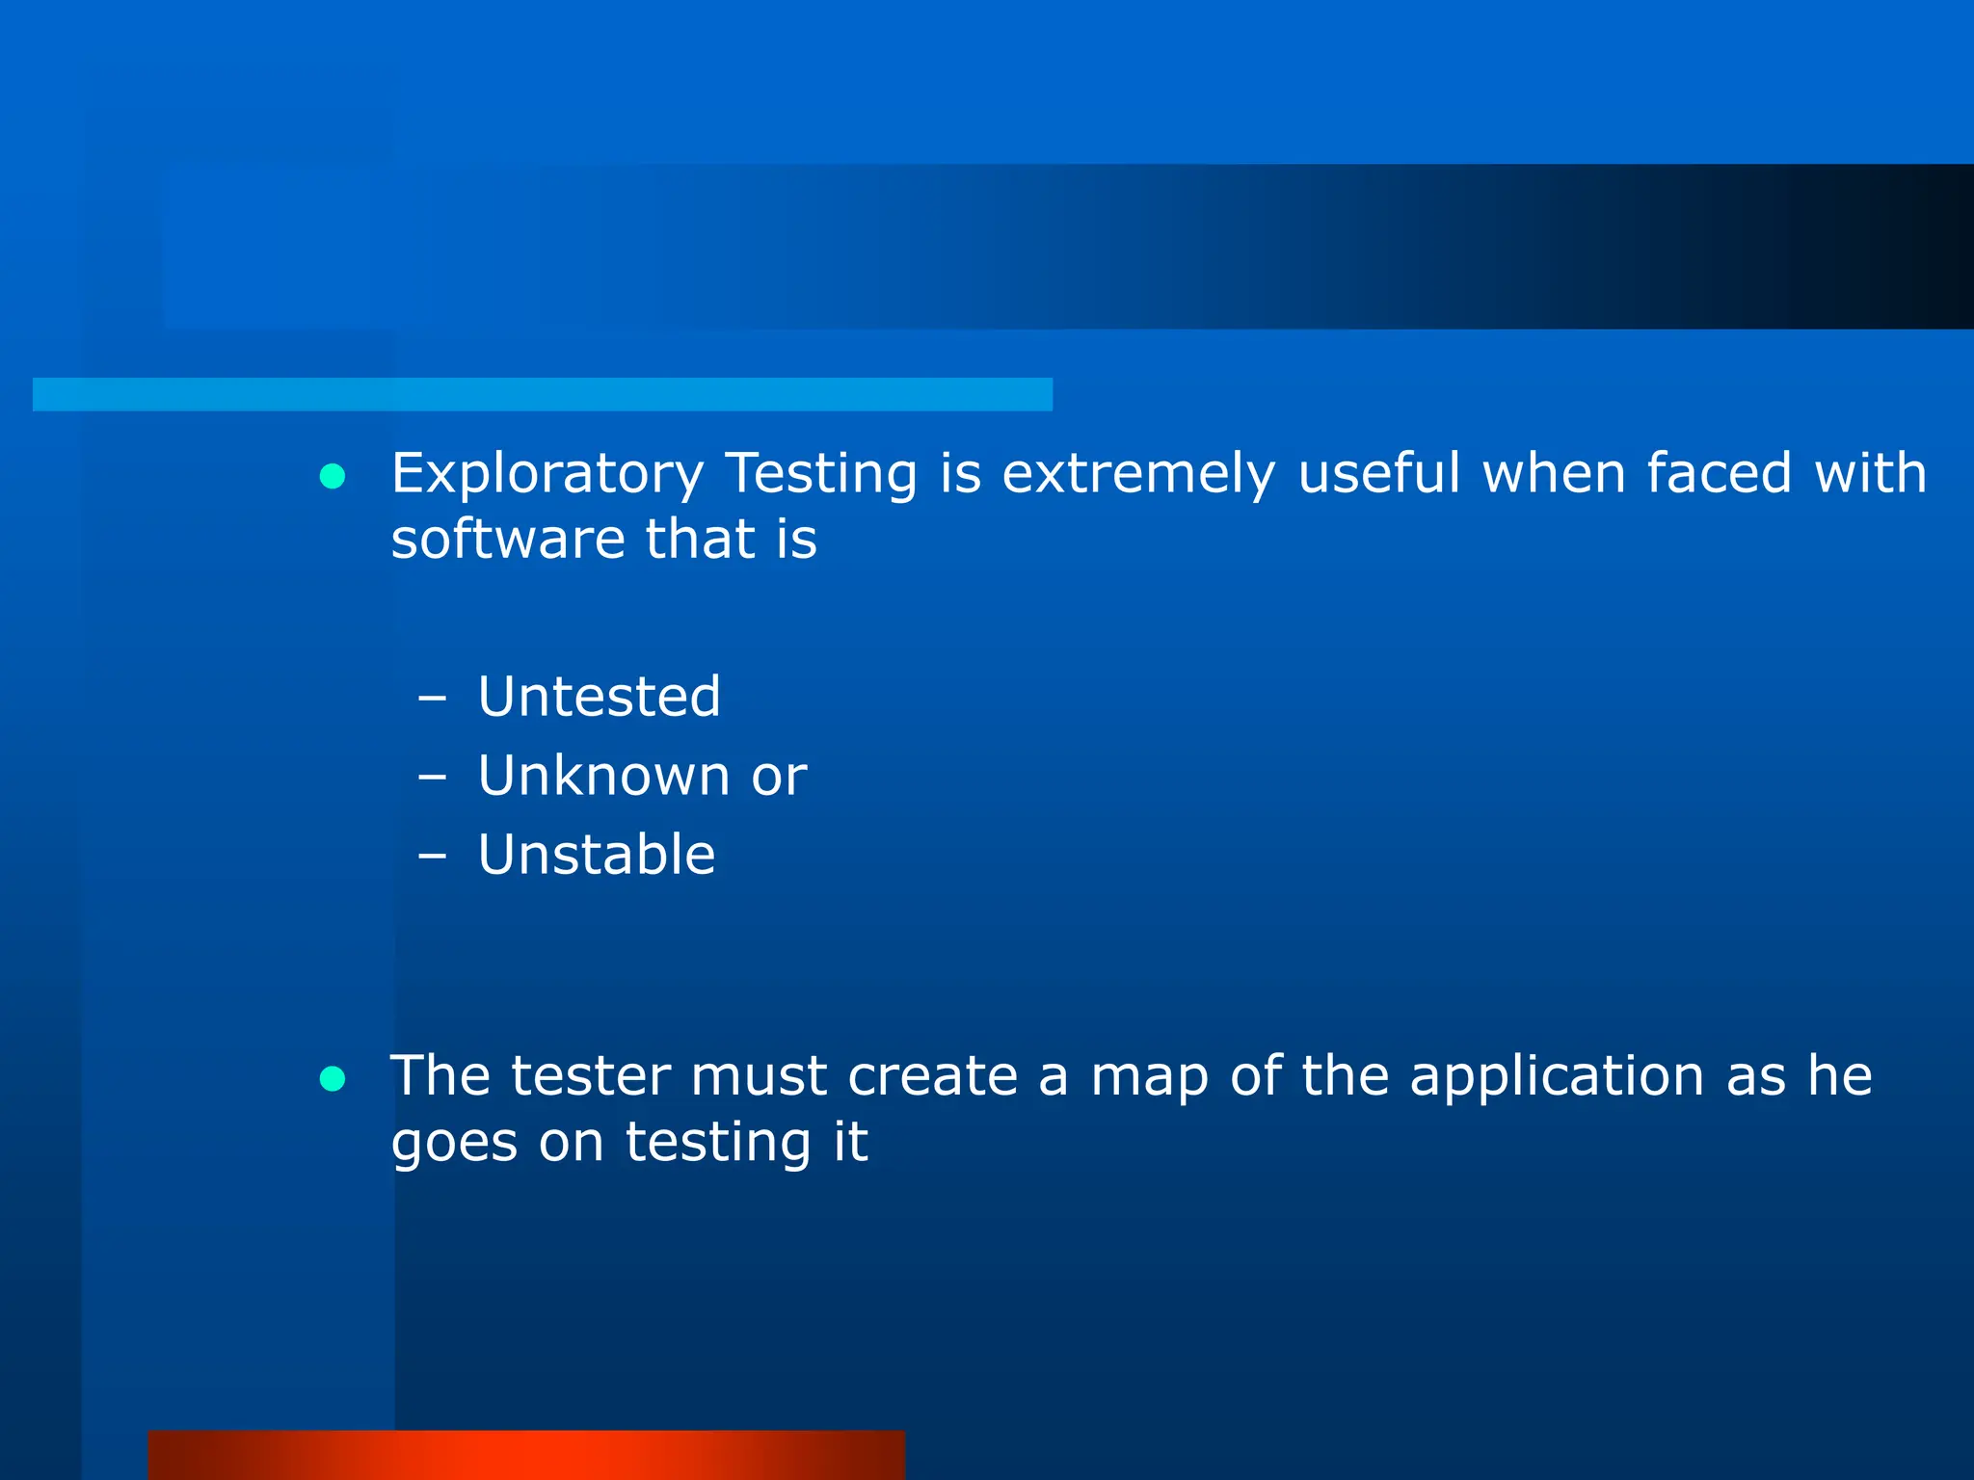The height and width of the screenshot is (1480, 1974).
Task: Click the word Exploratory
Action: point(547,474)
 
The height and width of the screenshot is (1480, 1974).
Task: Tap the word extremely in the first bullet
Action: point(1138,474)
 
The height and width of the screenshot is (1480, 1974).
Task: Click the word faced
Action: point(1719,474)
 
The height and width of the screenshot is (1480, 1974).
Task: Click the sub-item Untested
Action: point(599,697)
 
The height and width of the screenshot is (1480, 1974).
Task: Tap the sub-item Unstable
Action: point(597,855)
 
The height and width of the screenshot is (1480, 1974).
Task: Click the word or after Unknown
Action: point(779,778)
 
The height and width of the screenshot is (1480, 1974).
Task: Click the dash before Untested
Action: point(433,699)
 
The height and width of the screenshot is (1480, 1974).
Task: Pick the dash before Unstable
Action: point(433,857)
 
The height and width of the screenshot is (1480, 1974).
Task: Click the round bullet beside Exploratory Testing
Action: point(333,476)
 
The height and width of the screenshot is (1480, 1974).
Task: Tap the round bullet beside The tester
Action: point(333,1079)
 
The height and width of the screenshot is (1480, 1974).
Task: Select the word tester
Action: point(590,1076)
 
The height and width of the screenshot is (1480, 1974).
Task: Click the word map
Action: point(1149,1078)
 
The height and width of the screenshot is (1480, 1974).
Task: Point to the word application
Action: point(1557,1078)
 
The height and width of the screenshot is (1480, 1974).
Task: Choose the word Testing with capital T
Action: point(821,474)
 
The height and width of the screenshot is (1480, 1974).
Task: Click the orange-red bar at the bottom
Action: point(526,1455)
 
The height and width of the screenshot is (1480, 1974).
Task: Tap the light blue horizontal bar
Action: point(542,394)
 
